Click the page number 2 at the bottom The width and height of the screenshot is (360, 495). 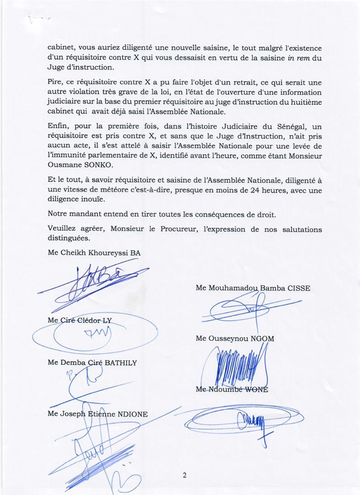click(184, 475)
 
